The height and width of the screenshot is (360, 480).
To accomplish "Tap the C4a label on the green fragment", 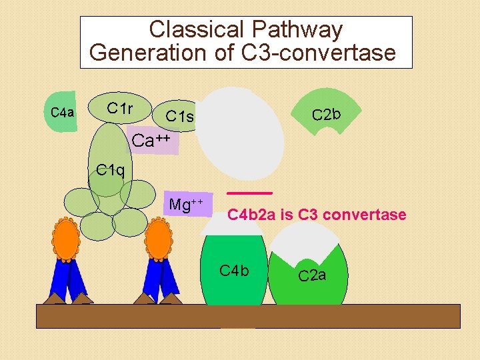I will (62, 112).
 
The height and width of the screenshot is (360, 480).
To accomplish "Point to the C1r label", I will (120, 107).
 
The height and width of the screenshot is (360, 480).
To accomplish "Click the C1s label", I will (179, 117).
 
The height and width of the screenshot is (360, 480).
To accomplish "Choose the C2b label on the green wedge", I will (327, 114).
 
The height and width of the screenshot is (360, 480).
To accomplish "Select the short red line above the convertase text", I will (249, 193).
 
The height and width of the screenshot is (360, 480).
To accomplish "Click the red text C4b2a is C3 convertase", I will (317, 215).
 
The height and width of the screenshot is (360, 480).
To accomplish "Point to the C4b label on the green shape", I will (234, 270).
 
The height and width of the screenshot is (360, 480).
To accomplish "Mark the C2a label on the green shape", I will (312, 275).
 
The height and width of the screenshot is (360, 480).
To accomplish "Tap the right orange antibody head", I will (158, 239).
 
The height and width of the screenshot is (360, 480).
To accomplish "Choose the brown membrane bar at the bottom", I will (247, 316).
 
